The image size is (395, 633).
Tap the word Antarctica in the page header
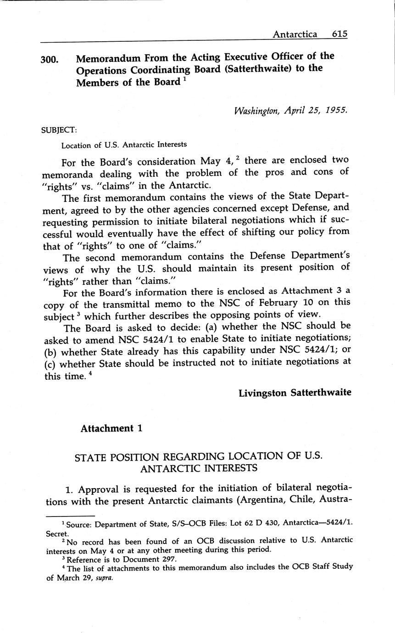pos(295,34)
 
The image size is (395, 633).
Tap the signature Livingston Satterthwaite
pos(295,393)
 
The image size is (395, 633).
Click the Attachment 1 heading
pos(111,428)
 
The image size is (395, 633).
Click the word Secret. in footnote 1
pos(57,534)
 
